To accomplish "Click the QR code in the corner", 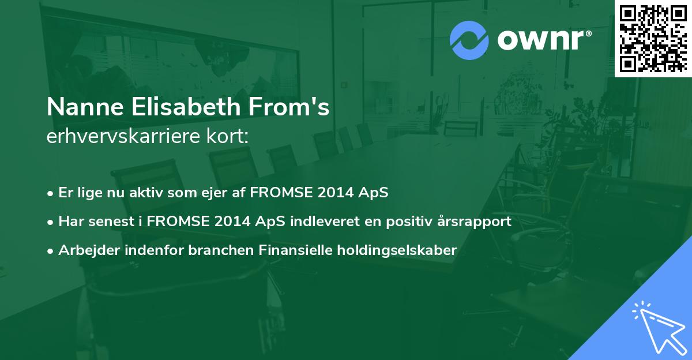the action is (653, 38).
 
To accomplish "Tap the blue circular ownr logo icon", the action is (469, 40).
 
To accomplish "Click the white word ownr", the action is (540, 40).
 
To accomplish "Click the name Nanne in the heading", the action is (85, 107).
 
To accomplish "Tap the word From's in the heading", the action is (289, 107).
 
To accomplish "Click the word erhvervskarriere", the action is (123, 136).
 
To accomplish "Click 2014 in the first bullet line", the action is (335, 193).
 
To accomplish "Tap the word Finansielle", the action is (295, 250).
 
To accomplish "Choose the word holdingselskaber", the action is (397, 250).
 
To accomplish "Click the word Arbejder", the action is (89, 250).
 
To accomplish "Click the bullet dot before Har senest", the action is (50, 222).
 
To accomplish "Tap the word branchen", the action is (221, 250).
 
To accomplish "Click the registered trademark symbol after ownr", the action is (588, 33).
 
